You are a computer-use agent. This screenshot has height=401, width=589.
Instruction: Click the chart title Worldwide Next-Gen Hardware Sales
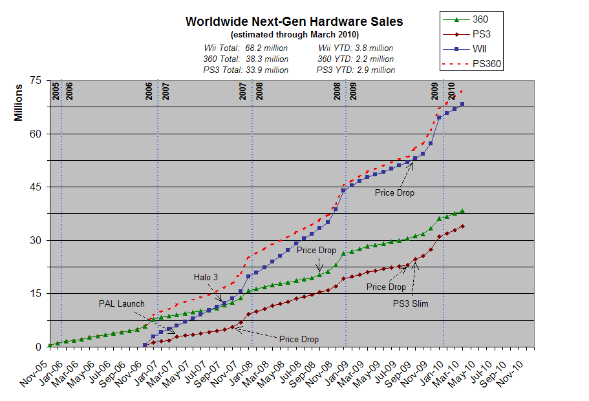tap(294, 21)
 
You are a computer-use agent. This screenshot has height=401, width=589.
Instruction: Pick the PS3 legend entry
tap(482, 34)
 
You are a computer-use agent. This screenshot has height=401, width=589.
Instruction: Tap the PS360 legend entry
tap(487, 63)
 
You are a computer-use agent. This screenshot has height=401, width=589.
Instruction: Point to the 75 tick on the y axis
tap(35, 81)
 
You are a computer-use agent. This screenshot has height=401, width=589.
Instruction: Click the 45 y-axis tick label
tap(35, 187)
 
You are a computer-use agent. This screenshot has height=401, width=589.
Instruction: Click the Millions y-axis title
tap(19, 103)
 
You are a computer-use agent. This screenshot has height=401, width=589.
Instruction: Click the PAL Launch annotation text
tap(122, 303)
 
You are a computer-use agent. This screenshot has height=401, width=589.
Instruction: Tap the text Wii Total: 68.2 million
tap(246, 48)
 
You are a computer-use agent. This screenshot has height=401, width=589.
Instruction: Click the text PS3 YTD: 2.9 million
tap(356, 70)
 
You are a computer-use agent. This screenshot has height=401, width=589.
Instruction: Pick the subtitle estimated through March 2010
tap(294, 34)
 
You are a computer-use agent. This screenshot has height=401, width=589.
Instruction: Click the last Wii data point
tap(462, 104)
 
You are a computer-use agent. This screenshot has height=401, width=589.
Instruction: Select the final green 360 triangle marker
tap(462, 211)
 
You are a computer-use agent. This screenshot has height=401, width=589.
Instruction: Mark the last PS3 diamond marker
tap(462, 226)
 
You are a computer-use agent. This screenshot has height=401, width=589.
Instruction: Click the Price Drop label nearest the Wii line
tap(394, 192)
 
